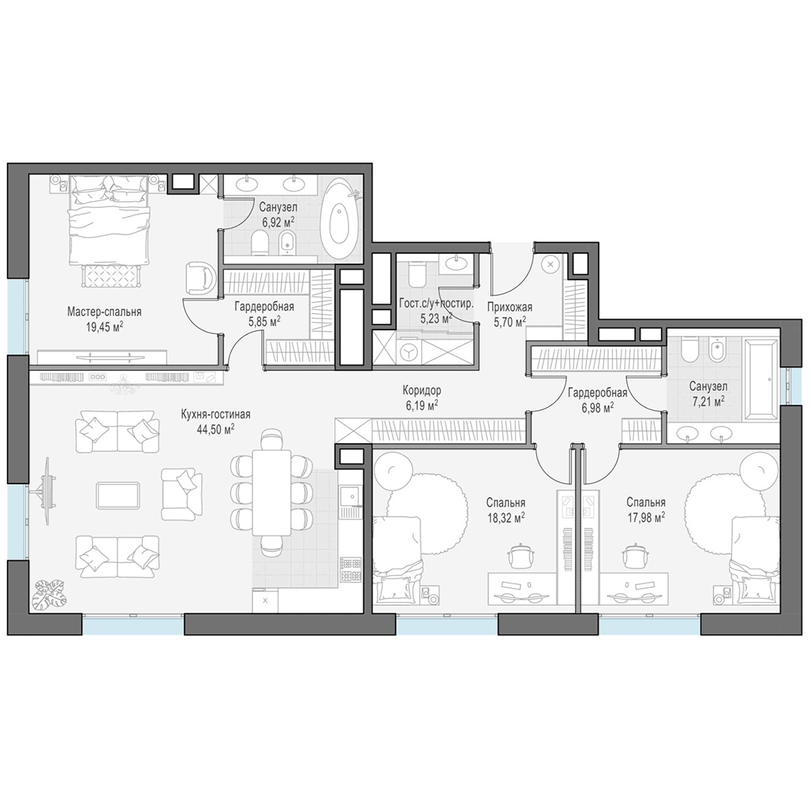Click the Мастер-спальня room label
pyautogui.click(x=104, y=312)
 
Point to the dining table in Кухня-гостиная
pyautogui.click(x=272, y=493)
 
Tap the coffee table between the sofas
pyautogui.click(x=118, y=496)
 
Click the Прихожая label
pyautogui.click(x=509, y=307)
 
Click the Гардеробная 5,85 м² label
pyautogui.click(x=264, y=313)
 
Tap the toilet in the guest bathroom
pyautogui.click(x=416, y=273)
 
